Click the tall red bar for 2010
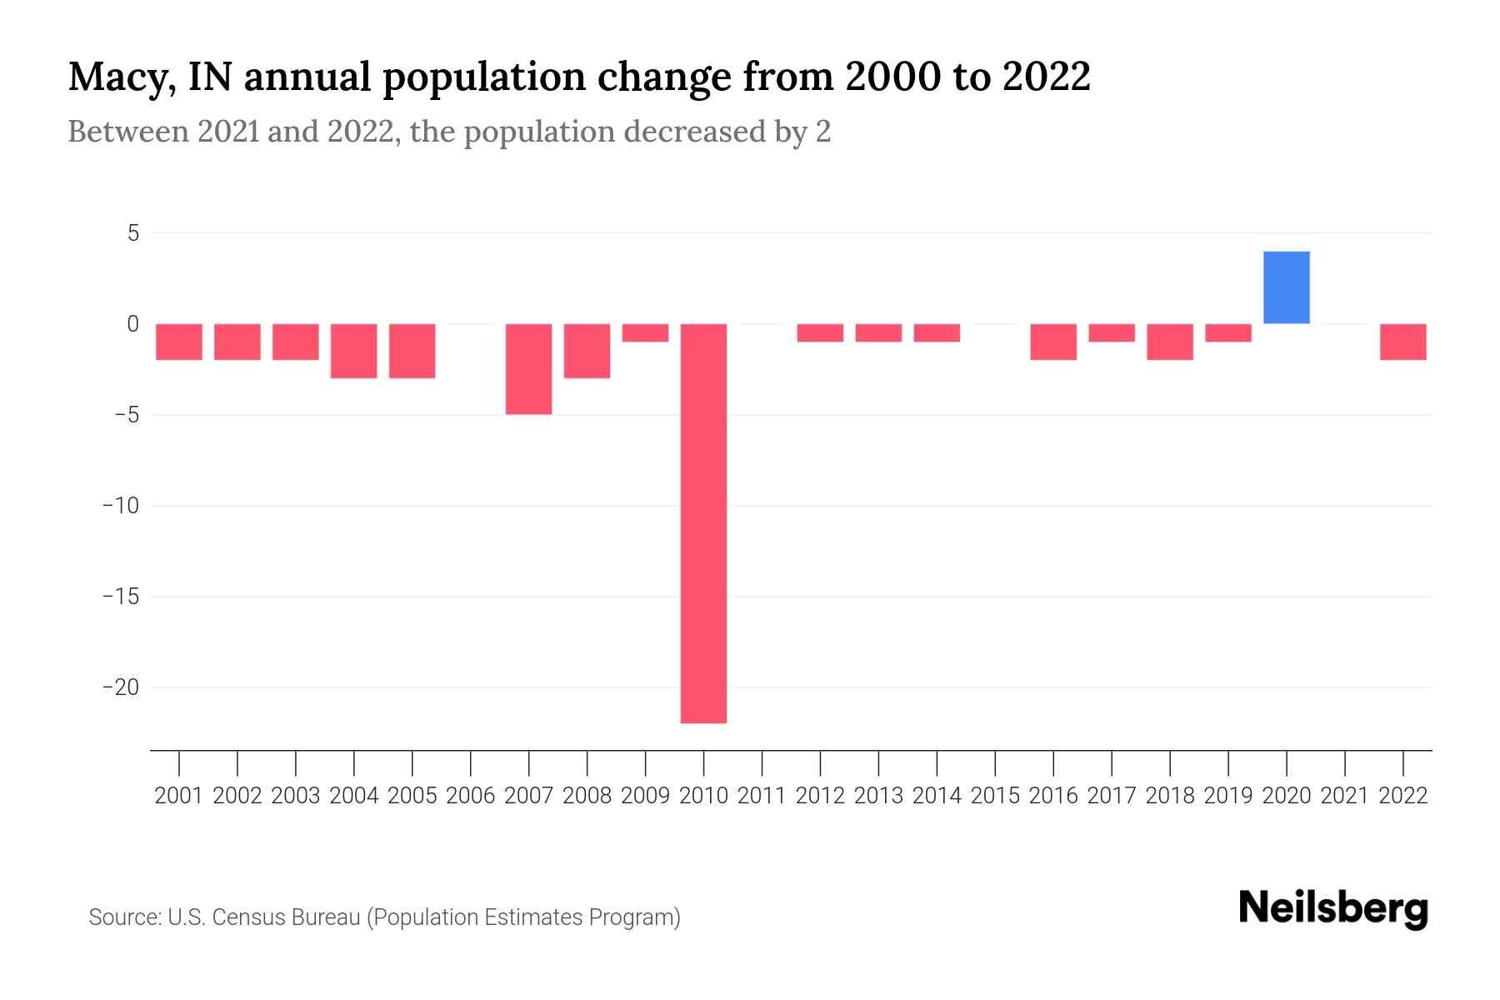(703, 523)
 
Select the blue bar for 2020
(1286, 287)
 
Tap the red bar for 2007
(528, 368)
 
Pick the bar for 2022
(1402, 342)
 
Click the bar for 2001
(179, 342)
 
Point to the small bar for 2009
(645, 332)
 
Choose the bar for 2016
(1052, 342)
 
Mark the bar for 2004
(353, 351)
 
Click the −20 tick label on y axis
(120, 687)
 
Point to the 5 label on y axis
(133, 233)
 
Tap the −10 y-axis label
(120, 506)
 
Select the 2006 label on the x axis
(470, 796)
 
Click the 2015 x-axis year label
(995, 796)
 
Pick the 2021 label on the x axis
(1344, 796)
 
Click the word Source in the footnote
(124, 917)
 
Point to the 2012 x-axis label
(820, 796)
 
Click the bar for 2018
(1169, 342)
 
